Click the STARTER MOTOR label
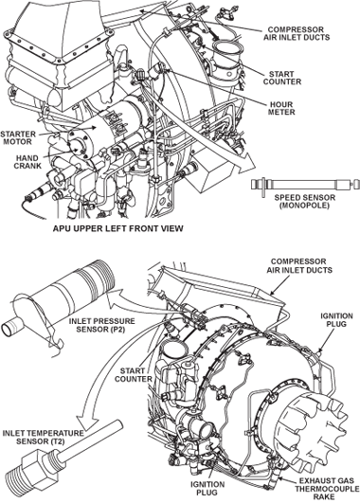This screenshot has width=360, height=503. [x=18, y=138]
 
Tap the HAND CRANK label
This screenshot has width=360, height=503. [x=27, y=162]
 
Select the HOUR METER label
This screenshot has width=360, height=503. [x=281, y=108]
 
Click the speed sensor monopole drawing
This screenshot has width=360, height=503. [x=303, y=185]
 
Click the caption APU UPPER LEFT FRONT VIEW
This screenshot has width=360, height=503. [x=118, y=228]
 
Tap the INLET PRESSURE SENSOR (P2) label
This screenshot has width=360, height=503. [x=102, y=325]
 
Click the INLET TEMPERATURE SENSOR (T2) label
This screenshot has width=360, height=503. [x=43, y=438]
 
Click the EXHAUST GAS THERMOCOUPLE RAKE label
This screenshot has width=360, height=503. [x=327, y=489]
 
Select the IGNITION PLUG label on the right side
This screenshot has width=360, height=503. [x=336, y=320]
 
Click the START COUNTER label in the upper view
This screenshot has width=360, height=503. [x=282, y=78]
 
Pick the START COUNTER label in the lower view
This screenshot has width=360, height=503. [x=134, y=375]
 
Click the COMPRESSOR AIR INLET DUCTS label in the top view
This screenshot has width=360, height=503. [x=297, y=33]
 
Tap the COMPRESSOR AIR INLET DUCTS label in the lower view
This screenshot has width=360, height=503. [x=299, y=266]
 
